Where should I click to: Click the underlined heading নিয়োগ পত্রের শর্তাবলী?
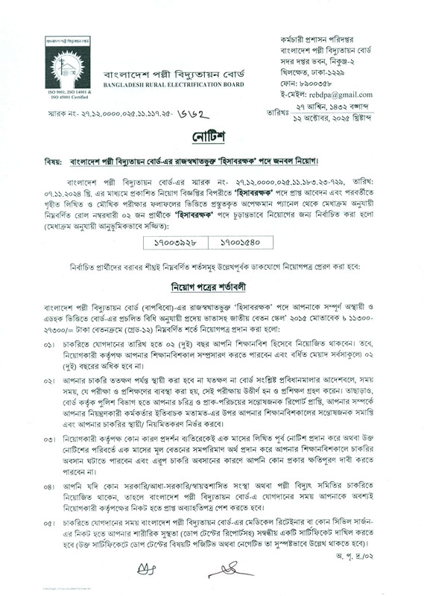213,264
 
